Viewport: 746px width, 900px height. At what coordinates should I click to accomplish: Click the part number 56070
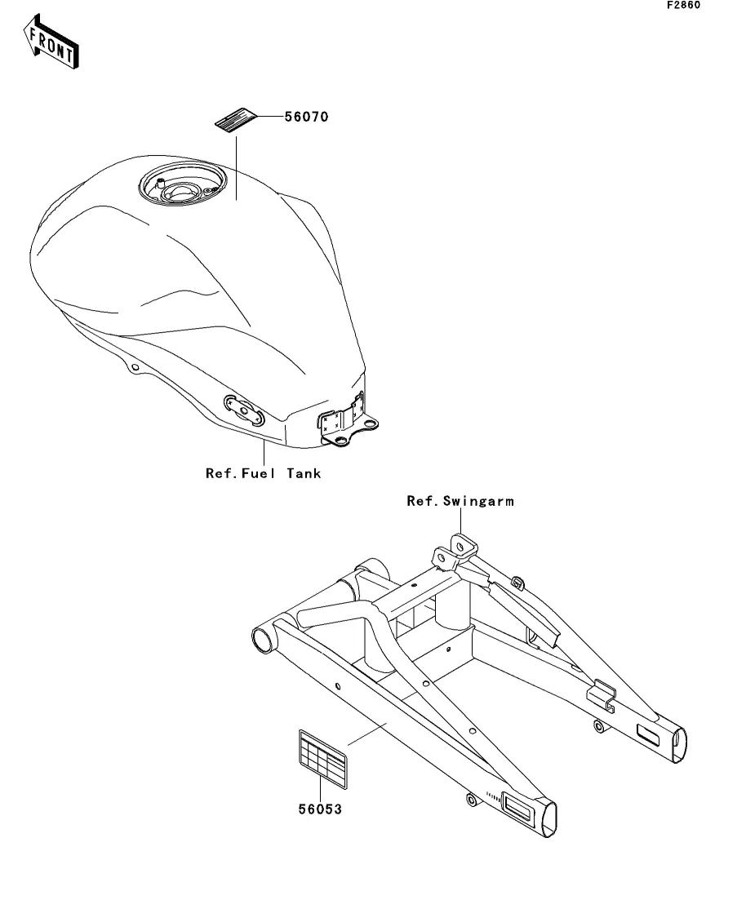point(306,117)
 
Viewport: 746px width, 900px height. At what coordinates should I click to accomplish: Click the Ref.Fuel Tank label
point(263,473)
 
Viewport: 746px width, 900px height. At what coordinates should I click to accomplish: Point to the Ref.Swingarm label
point(460,501)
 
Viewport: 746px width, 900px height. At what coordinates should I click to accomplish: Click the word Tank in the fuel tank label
point(304,473)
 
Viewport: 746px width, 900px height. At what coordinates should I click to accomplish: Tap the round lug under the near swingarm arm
point(470,797)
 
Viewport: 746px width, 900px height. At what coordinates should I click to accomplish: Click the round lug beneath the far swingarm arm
point(601,725)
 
